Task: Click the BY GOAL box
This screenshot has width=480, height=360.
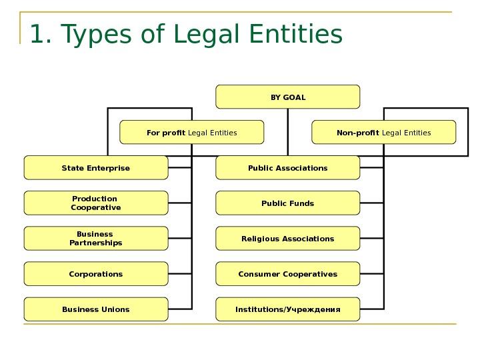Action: (287, 97)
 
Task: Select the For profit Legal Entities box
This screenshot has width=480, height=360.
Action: (191, 132)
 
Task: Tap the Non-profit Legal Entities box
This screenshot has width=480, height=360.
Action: (383, 132)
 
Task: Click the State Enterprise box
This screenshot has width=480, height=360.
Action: (96, 168)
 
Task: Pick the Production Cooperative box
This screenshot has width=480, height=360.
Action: (96, 203)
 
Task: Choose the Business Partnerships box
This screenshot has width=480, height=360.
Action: (96, 238)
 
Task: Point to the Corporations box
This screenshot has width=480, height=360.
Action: (96, 273)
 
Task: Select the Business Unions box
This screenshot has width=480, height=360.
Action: (96, 309)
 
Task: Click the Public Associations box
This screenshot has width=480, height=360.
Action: (287, 168)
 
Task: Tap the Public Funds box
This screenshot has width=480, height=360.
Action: (287, 203)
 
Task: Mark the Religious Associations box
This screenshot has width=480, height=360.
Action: (287, 238)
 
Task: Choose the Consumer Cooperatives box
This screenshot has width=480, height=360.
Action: (287, 273)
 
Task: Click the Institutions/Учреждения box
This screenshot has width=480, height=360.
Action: (287, 309)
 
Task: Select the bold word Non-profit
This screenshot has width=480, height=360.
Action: (358, 133)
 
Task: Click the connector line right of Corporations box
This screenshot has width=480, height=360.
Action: (180, 274)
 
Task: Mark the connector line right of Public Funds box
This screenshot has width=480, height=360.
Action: (372, 203)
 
